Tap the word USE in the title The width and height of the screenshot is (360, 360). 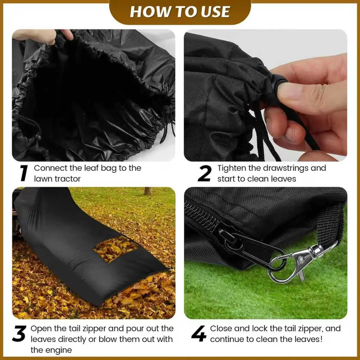click(x=215, y=12)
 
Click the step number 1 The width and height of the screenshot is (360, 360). click(x=24, y=173)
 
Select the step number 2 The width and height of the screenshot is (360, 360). click(x=204, y=174)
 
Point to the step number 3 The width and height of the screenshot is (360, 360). click(x=19, y=334)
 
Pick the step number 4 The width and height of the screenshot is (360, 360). click(x=199, y=334)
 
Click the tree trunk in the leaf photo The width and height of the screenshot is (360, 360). click(x=147, y=191)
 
